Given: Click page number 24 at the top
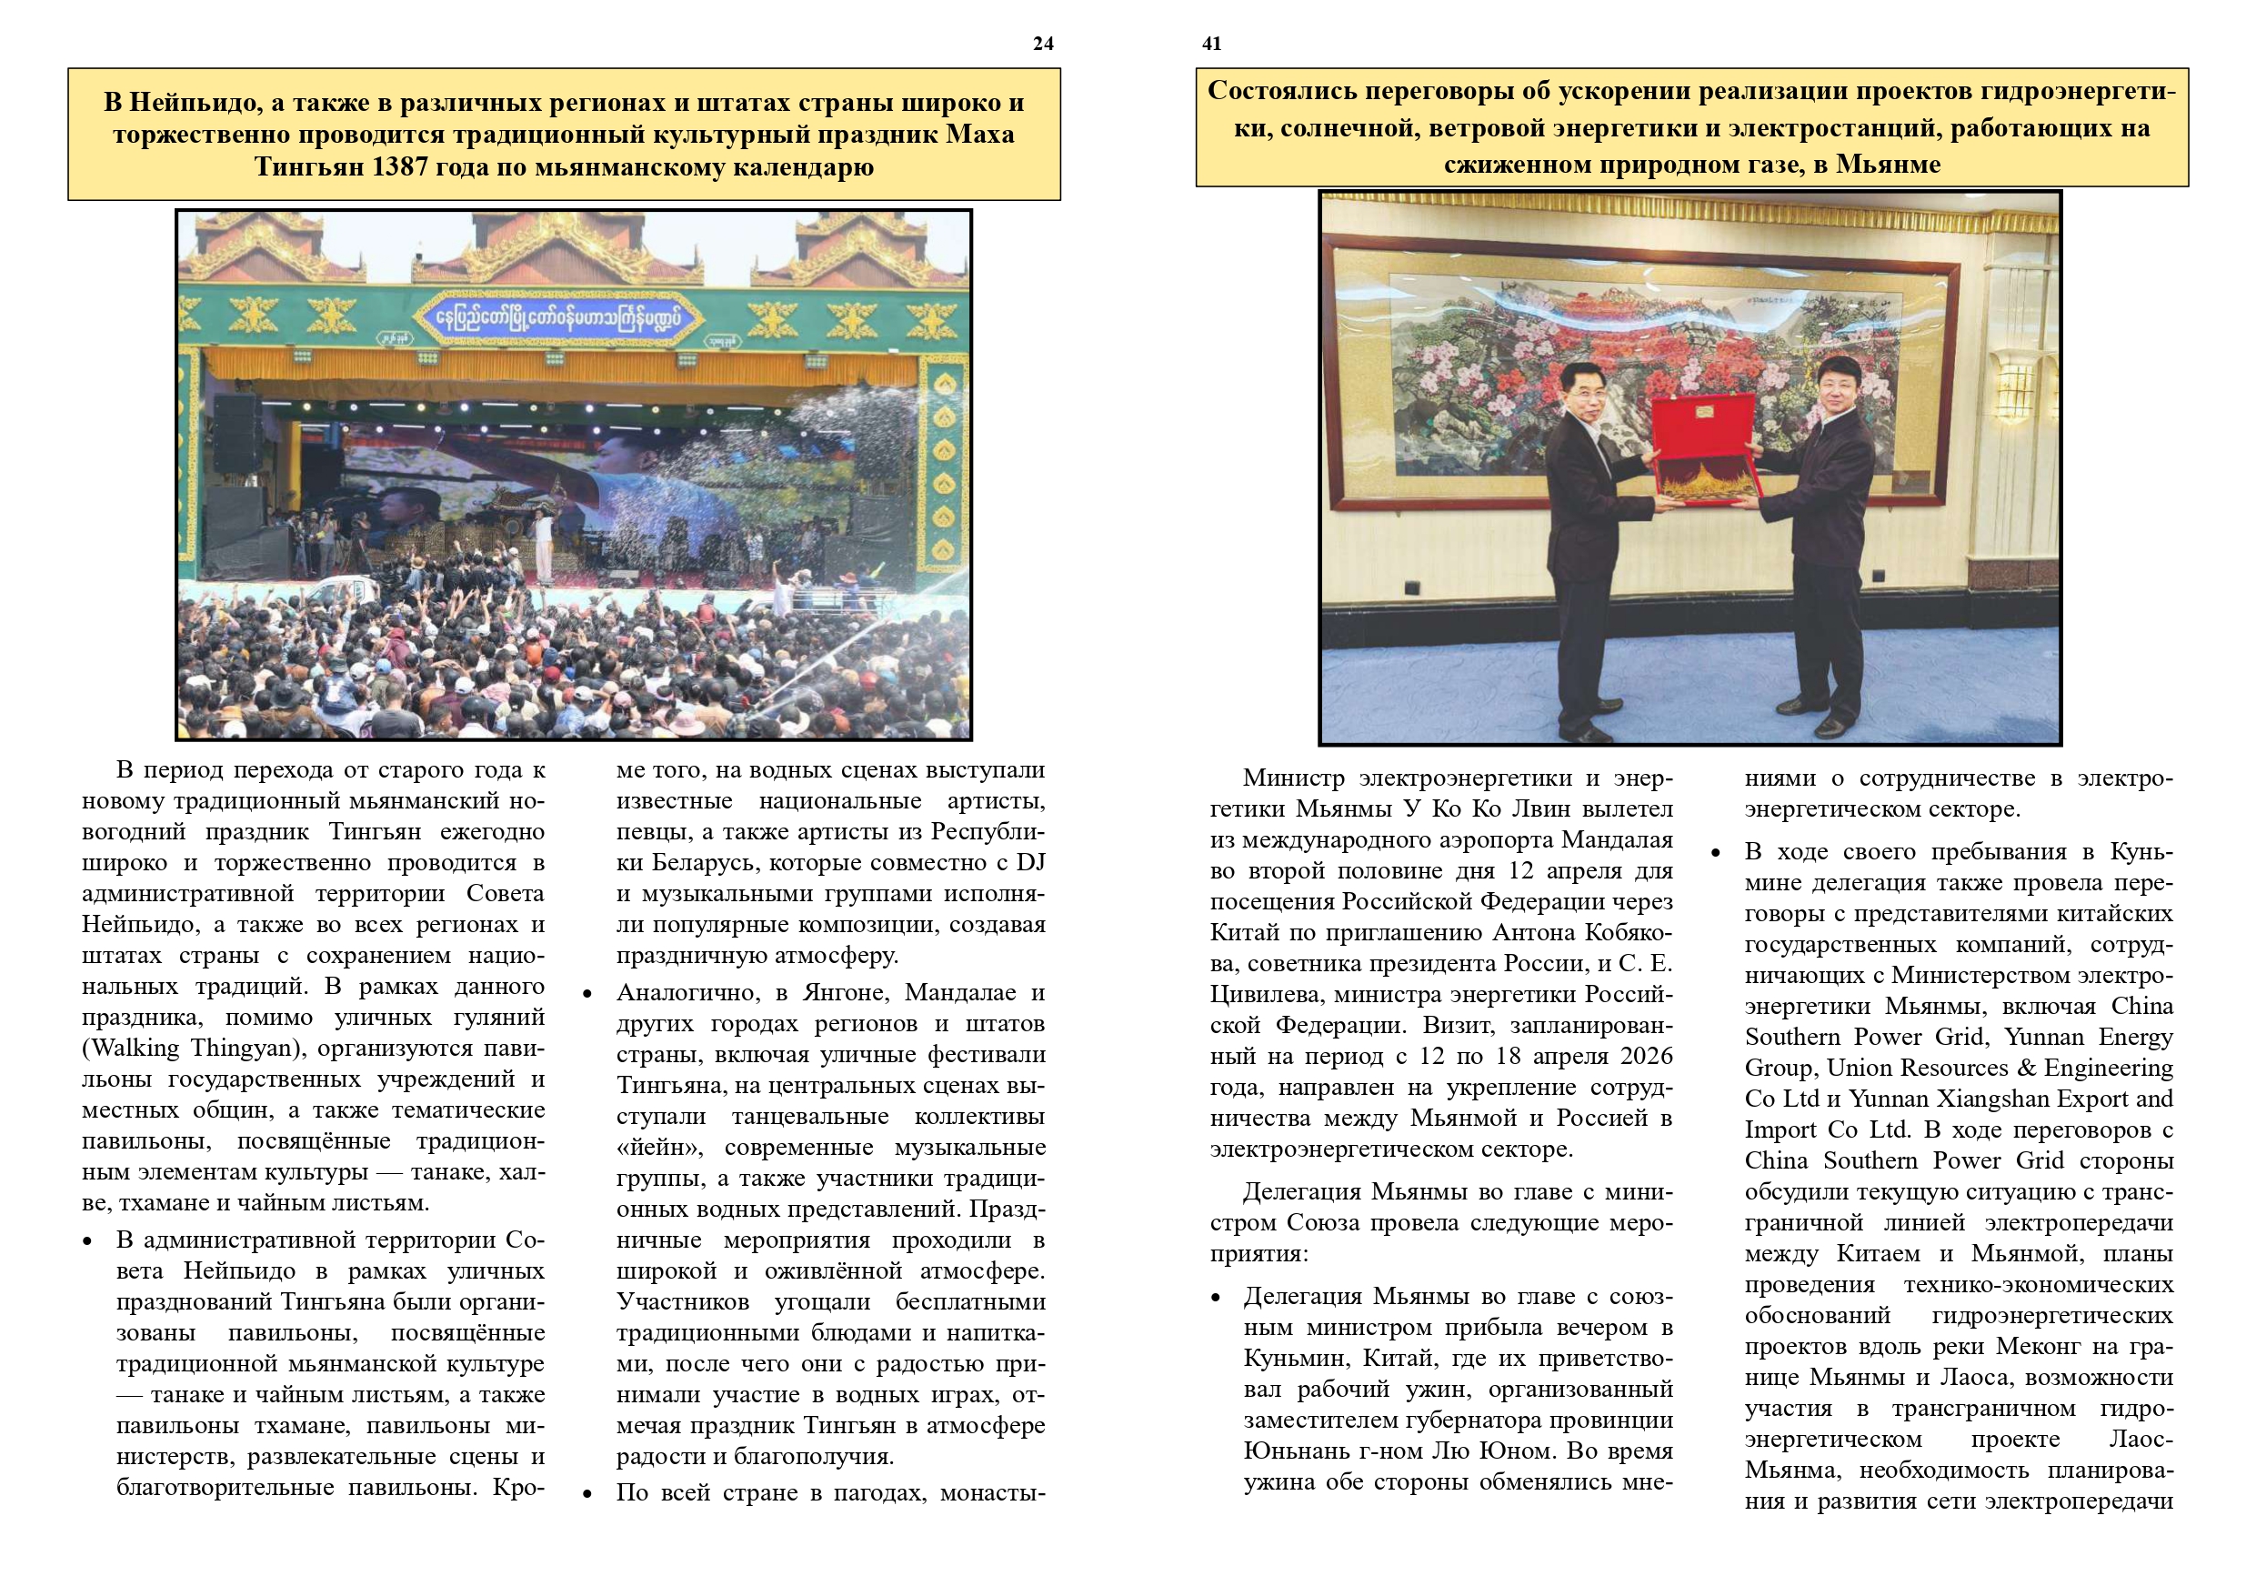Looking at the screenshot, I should point(1042,44).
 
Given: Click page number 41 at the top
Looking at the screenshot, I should point(1211,44).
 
